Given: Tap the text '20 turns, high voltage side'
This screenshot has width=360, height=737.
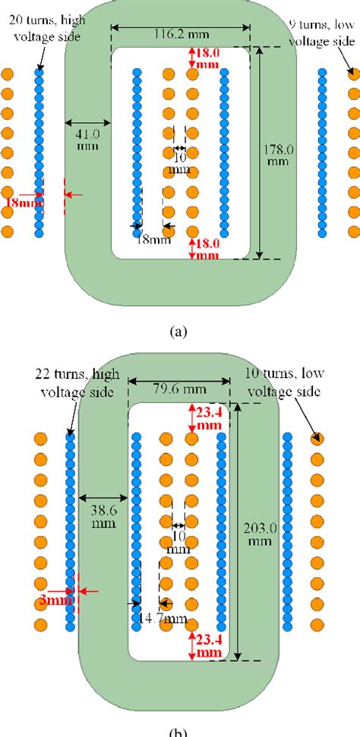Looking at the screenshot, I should tap(46, 29).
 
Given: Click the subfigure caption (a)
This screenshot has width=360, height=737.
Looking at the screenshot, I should tap(178, 331).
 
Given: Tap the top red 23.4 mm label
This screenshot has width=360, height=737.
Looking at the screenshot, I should tap(207, 417).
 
